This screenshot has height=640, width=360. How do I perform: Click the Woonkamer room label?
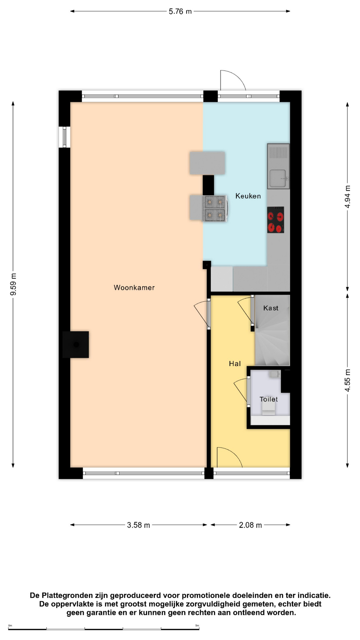(x=134, y=288)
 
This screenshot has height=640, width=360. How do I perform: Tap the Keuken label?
(x=248, y=196)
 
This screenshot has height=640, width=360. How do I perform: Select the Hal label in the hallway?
(x=235, y=364)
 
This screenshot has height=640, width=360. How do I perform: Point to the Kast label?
(x=271, y=308)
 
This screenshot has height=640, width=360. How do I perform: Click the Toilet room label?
(x=269, y=399)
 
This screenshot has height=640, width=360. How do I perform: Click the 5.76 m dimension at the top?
(x=180, y=11)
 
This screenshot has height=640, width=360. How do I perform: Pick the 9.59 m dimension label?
(x=13, y=284)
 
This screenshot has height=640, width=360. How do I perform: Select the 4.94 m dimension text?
(x=347, y=197)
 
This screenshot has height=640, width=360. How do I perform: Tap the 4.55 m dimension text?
(x=347, y=380)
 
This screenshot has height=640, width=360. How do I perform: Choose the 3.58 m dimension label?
(x=138, y=525)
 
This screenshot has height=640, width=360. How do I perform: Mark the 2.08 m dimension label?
(x=250, y=525)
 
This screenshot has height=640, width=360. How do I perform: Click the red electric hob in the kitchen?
(x=276, y=220)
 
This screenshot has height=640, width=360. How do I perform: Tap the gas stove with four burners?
(x=215, y=209)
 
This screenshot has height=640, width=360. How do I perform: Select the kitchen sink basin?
(x=278, y=178)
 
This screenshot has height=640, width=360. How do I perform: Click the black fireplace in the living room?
(x=76, y=345)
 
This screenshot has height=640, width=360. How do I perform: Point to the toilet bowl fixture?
(x=269, y=409)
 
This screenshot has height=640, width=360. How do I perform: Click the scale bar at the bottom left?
(x=104, y=629)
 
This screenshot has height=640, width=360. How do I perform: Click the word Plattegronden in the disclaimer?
(x=68, y=595)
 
